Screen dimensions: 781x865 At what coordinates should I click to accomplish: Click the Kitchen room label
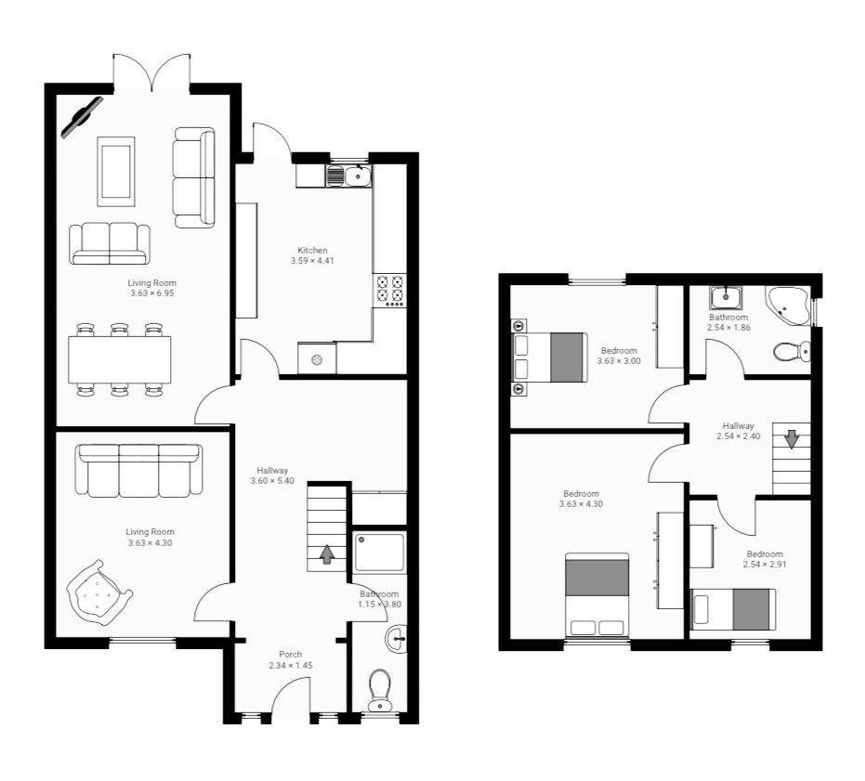point(312,251)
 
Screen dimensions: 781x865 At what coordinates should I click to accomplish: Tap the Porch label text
point(291,655)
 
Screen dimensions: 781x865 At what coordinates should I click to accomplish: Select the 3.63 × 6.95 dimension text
point(152,293)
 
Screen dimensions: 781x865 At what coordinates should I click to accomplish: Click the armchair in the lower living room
point(98,590)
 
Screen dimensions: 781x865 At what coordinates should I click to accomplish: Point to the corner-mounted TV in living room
point(82,117)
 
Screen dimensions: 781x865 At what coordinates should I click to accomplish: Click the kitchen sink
point(357,176)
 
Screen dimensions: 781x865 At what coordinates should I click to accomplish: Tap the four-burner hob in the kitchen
point(389,291)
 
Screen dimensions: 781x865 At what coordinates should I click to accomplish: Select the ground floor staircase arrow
point(326,554)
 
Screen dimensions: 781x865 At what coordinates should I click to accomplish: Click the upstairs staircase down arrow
point(791,438)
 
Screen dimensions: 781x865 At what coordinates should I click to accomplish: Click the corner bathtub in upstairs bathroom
point(788,305)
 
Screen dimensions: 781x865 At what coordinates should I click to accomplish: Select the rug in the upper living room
point(116,171)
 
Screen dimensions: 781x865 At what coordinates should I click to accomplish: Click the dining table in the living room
point(120,359)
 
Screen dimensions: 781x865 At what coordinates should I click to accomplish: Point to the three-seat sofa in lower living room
point(140,469)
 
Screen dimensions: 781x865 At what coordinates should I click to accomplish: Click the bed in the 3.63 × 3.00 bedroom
point(551,357)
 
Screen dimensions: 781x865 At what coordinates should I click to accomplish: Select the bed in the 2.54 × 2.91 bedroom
point(734,609)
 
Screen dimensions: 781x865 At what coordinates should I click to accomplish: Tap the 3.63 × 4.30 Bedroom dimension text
point(581,504)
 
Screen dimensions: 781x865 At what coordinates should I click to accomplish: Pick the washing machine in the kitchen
point(317,358)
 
